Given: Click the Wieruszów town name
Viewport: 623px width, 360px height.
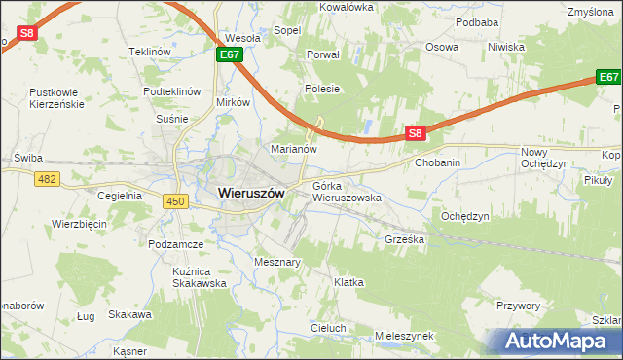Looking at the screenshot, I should pos(244,193).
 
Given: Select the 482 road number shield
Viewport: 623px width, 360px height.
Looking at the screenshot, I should pos(46,179).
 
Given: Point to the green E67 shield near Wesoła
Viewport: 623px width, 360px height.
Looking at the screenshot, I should pos(230,55).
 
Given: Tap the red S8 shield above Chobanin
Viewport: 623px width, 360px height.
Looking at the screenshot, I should pos(415,133).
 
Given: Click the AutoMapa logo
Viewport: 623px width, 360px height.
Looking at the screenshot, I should pos(561,341).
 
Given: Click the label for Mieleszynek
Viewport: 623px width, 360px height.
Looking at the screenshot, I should pos(404,336).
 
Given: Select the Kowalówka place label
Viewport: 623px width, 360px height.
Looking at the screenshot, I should pos(347,7).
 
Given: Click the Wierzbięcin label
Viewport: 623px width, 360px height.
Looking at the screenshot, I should pos(79,224).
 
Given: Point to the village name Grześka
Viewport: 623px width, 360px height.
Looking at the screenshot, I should pos(405,238).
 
